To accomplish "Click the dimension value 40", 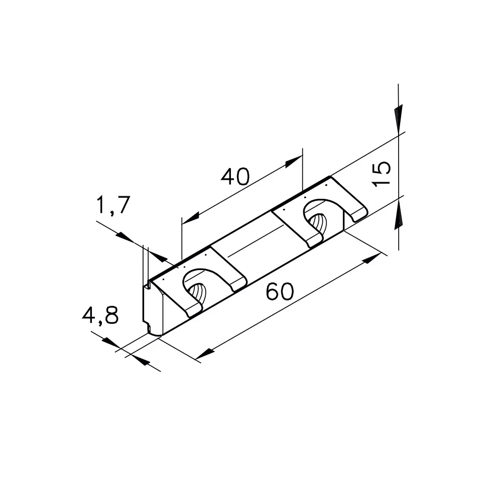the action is [x=235, y=177].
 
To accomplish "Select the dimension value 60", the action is [x=280, y=292].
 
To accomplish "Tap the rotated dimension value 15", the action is [x=381, y=174].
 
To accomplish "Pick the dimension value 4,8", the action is [x=100, y=315].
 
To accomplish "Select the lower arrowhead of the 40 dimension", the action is [x=190, y=218].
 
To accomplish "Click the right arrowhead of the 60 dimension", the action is [x=372, y=258].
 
